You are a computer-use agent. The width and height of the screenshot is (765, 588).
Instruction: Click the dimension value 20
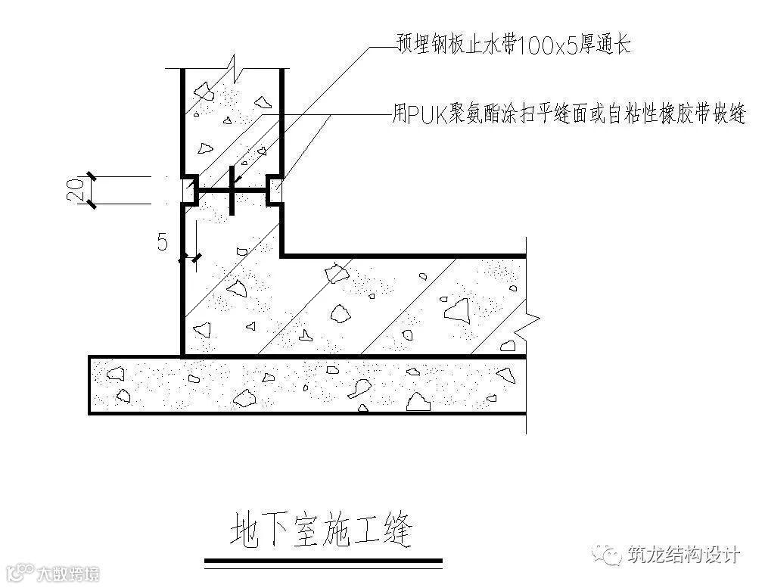click(x=74, y=190)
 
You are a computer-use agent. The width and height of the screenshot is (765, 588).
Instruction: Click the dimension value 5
click(x=162, y=242)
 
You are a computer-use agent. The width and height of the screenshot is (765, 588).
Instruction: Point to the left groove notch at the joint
click(x=189, y=189)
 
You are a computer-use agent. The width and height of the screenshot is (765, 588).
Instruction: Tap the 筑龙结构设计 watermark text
click(x=683, y=555)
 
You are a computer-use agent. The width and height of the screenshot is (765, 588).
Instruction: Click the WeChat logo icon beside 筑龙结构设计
click(x=608, y=555)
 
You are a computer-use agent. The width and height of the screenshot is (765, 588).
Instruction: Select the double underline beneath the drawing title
click(x=324, y=561)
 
